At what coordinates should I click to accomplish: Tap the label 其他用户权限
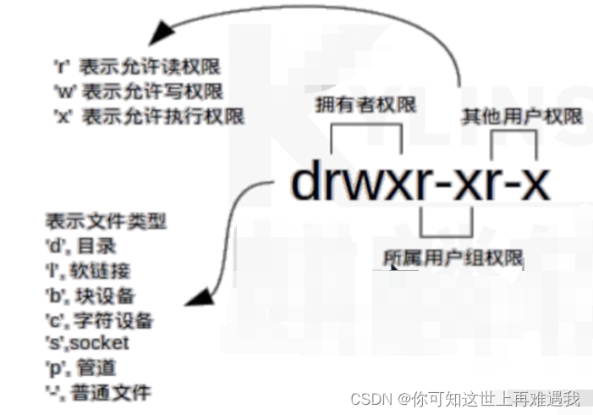coord(521,117)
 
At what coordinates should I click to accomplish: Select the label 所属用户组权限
coord(453,257)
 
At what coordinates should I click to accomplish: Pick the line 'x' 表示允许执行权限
coord(147,116)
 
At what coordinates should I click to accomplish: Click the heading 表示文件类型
coord(106,221)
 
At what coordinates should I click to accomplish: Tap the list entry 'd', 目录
coord(81,246)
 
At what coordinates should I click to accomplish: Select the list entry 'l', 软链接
coord(89,270)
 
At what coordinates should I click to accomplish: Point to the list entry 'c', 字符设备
coord(100,319)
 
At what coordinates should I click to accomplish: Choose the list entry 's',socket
coord(88,343)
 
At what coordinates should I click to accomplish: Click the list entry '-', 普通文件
coord(98,392)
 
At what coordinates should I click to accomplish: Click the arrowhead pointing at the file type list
coord(200,296)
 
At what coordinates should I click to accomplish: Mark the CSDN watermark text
coord(465,398)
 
